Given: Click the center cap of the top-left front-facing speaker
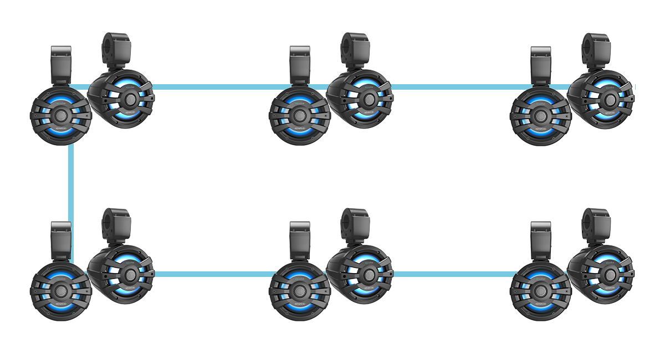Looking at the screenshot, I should [60, 115].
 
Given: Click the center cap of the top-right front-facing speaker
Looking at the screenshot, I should [540, 115].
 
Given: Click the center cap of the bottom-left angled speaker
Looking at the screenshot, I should [130, 275].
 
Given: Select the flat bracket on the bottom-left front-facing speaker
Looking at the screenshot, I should [61, 240].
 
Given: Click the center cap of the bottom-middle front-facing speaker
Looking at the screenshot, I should [300, 290].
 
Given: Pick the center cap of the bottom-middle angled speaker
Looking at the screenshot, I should [368, 275].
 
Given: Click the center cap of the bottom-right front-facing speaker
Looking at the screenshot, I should [540, 290].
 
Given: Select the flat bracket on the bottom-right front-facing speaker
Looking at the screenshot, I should [540, 240].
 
